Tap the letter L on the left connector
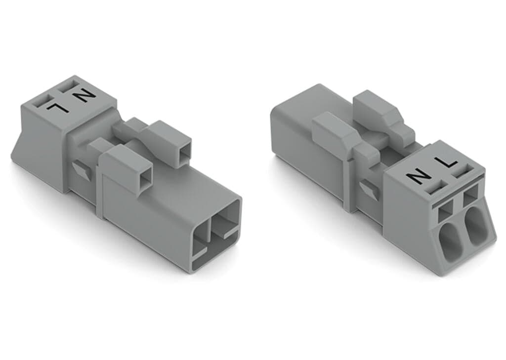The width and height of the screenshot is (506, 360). tap(60, 105)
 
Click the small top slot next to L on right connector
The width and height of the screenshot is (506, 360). tap(462, 172)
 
